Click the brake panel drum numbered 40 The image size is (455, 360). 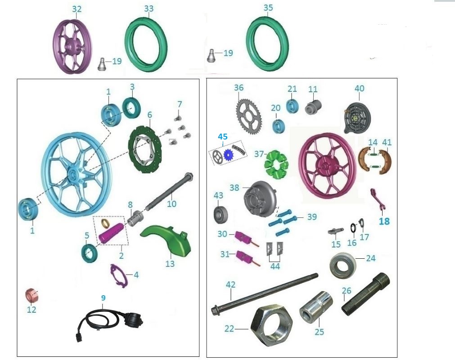coord(359,116)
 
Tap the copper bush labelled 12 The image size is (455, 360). coord(31,296)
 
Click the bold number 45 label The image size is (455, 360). coord(223,136)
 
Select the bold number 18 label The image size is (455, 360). coord(384,221)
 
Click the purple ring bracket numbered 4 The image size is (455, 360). coord(119,275)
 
